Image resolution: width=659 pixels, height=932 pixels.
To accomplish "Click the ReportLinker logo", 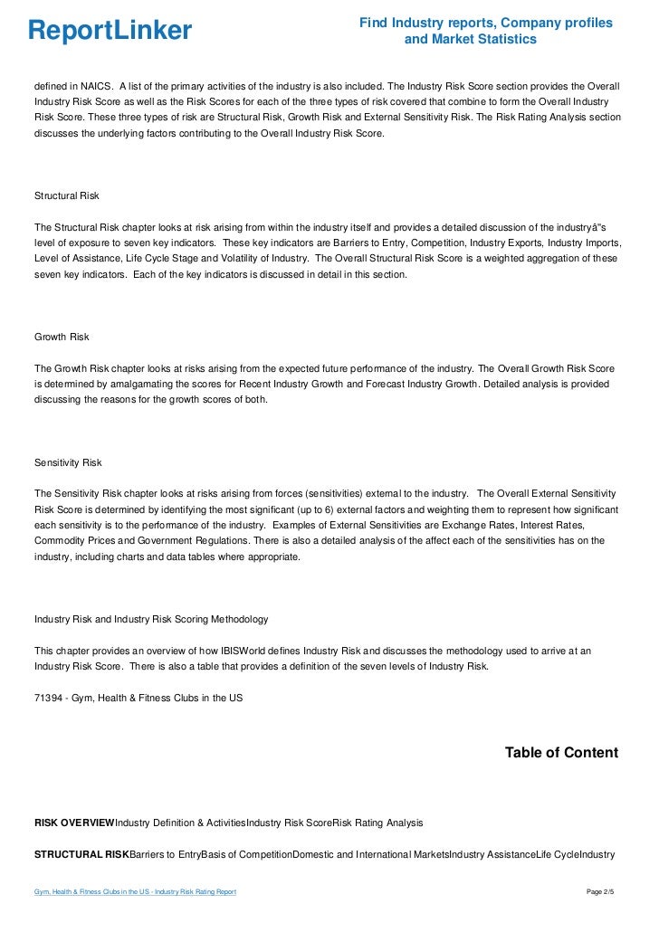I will tap(110, 31).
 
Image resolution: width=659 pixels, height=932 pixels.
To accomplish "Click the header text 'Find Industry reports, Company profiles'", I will tap(486, 23).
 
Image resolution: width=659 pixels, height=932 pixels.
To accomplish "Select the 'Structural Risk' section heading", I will tap(67, 195).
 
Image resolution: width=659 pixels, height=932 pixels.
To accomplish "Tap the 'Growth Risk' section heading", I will tap(62, 337).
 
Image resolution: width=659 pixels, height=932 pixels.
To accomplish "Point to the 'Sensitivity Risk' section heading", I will tap(68, 462).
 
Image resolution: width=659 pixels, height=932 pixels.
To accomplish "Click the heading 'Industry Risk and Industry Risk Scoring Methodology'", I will tap(151, 620).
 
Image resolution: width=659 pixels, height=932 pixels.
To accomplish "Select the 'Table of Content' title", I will tap(561, 753).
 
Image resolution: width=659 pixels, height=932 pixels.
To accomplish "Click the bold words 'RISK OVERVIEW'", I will tap(74, 823).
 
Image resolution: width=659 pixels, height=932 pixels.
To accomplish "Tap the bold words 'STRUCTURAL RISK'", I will tap(81, 854).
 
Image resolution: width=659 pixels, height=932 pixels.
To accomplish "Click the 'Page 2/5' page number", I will tap(600, 892).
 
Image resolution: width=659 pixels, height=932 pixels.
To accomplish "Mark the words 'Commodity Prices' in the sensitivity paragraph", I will tap(72, 541).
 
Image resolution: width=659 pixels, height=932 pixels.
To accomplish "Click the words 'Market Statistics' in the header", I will tap(471, 40).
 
